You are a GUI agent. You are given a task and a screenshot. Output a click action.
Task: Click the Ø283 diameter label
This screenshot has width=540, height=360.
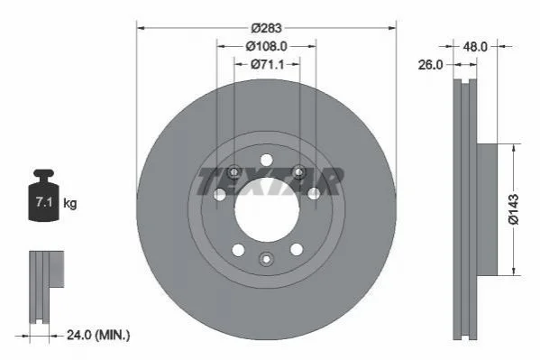click(x=266, y=28)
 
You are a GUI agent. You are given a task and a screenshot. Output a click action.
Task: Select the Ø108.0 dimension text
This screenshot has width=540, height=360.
click(x=266, y=46)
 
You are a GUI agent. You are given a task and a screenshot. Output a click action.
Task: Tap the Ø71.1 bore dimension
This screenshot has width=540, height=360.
click(x=267, y=64)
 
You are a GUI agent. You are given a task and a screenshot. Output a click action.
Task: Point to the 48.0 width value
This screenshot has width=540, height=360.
click(x=475, y=47)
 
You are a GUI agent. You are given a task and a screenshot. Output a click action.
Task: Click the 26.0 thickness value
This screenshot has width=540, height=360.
click(x=431, y=64)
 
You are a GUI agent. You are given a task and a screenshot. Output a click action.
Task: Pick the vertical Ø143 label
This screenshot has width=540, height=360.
click(x=513, y=209)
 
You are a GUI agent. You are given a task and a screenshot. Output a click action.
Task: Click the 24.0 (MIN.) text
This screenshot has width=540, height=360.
click(x=98, y=335)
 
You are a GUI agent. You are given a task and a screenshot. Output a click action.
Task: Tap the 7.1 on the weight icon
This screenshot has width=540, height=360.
click(x=44, y=202)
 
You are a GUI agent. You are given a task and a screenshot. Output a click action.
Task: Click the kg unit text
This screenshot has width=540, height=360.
click(x=70, y=204)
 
